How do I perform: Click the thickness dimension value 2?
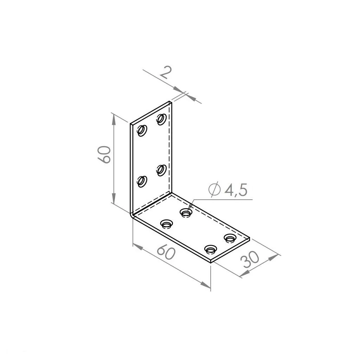click(x=166, y=72)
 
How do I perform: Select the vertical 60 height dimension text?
click(x=104, y=154)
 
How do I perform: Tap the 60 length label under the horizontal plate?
click(x=166, y=252)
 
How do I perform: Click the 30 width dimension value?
click(x=250, y=260)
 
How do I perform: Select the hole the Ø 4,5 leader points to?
click(x=186, y=213)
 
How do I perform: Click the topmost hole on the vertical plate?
click(x=162, y=119)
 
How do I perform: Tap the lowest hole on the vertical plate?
click(x=142, y=181)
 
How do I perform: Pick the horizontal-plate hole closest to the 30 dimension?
click(x=230, y=238)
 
